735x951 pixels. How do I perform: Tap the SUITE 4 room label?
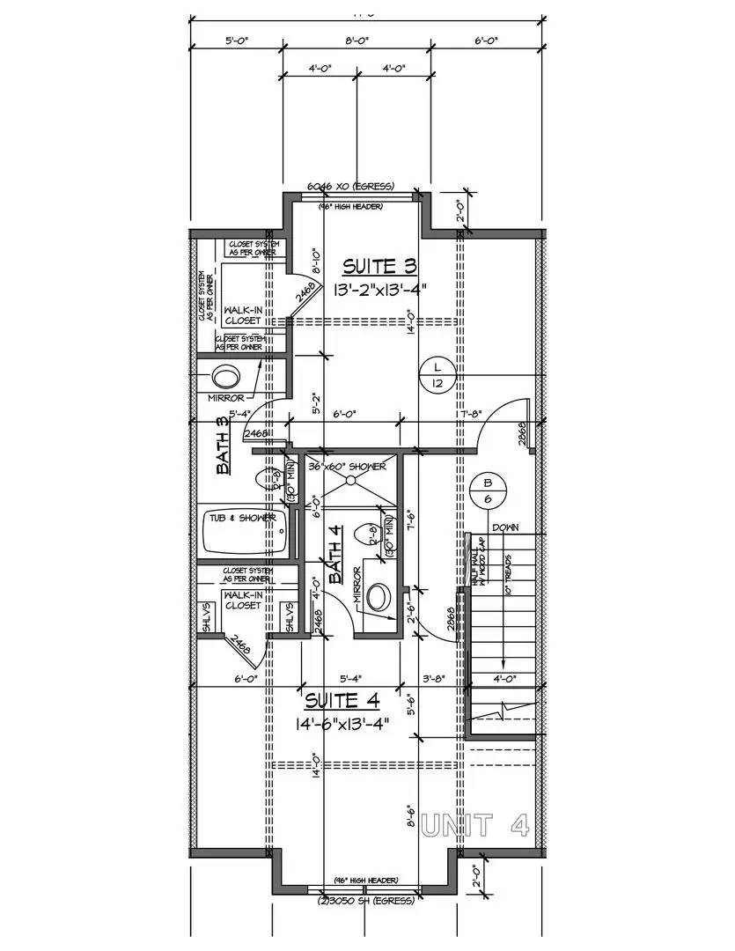point(342,701)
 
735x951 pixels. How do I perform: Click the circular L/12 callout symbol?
point(437,373)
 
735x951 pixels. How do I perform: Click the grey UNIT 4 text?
point(476,825)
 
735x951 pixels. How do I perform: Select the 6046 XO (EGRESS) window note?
point(349,187)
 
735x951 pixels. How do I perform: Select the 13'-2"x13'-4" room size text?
point(381,290)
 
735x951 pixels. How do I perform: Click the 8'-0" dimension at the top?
point(356,41)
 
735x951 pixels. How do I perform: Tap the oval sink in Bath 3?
point(226,377)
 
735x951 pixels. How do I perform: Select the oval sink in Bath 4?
point(379,597)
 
